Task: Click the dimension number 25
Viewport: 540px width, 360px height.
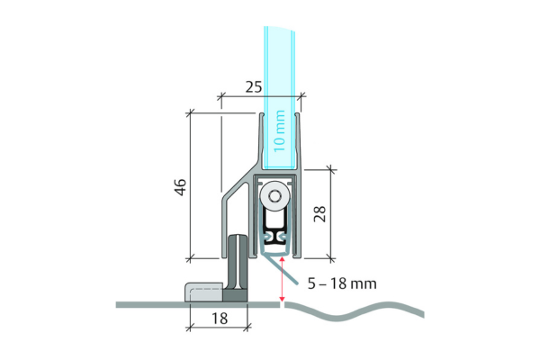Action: [x=254, y=87]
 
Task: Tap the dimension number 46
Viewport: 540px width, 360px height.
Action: [x=181, y=187]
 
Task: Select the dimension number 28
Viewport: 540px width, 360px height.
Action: [x=319, y=213]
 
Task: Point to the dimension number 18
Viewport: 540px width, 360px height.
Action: [x=220, y=319]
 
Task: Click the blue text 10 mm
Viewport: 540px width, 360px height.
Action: [x=279, y=130]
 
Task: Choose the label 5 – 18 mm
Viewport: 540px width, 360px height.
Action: [x=342, y=283]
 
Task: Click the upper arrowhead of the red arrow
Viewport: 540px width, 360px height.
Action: [x=282, y=260]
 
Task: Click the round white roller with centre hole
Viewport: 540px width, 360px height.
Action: [x=274, y=197]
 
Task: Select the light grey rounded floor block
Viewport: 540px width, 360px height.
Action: [x=204, y=292]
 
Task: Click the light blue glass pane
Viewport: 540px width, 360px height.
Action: [x=279, y=97]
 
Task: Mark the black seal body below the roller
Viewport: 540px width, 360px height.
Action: [x=274, y=228]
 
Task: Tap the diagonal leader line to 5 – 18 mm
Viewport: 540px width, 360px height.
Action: [x=280, y=270]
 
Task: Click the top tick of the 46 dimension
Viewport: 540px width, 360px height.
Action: [x=190, y=113]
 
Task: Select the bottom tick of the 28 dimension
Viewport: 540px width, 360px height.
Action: [x=330, y=257]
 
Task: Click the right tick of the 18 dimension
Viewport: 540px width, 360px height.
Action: [x=247, y=327]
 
